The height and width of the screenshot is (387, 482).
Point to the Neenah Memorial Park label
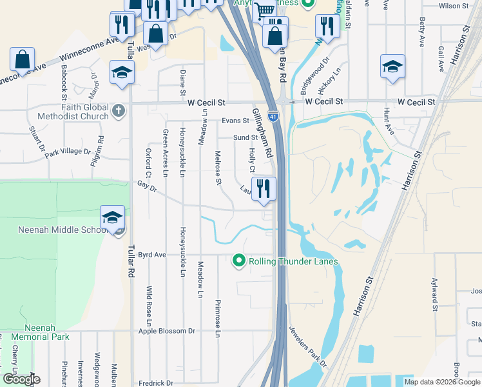(x=40, y=332)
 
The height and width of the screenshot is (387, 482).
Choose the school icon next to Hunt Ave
(x=392, y=66)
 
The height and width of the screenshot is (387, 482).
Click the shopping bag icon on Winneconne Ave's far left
(x=23, y=59)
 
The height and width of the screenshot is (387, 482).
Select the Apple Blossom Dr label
(x=166, y=331)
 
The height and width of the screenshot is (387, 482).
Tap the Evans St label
(x=235, y=121)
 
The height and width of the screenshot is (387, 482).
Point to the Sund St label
(x=245, y=137)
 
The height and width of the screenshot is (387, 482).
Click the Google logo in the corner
(x=21, y=379)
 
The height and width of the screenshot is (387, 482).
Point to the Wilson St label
(x=453, y=6)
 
